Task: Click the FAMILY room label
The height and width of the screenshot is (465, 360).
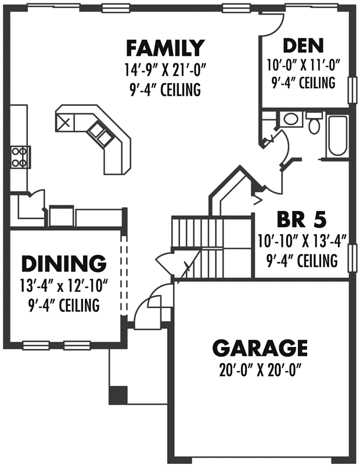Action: [x=165, y=46]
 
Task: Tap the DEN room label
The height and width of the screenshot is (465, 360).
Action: [x=303, y=45]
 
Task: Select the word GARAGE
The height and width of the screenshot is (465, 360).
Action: [x=260, y=348]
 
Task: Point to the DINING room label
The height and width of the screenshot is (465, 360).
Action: [x=64, y=264]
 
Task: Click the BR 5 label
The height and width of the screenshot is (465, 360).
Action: [x=301, y=220]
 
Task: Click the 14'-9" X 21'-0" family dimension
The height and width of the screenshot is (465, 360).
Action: [x=165, y=70]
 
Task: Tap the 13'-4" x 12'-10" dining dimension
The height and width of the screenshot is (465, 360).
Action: [x=64, y=285]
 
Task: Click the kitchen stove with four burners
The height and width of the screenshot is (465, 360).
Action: [x=20, y=157]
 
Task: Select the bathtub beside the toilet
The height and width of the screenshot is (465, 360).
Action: [x=337, y=137]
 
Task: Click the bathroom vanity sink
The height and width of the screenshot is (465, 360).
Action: [x=290, y=120]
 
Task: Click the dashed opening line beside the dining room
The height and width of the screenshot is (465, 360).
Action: [x=123, y=273]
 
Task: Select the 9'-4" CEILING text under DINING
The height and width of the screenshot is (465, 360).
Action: [x=64, y=305]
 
